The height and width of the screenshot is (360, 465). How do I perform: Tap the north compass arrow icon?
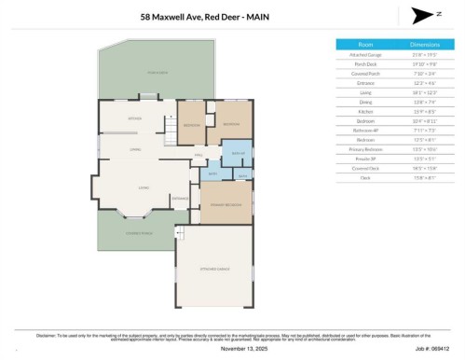[421, 15]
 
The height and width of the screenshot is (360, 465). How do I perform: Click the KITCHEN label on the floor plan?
[134, 120]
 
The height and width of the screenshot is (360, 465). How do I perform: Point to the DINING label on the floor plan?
[136, 150]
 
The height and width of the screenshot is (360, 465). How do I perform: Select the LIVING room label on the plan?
[144, 187]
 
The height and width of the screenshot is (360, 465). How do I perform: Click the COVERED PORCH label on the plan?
[139, 233]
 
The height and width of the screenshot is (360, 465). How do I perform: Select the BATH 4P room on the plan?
[237, 154]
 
